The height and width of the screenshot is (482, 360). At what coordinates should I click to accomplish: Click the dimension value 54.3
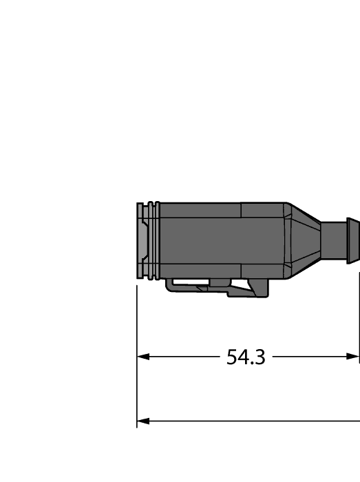pyautogui.click(x=246, y=357)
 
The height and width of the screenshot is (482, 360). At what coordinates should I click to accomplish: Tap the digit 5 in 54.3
pyautogui.click(x=233, y=357)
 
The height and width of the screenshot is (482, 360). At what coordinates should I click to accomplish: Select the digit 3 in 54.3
pyautogui.click(x=259, y=357)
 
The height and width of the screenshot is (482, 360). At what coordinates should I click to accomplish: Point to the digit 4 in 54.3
pyautogui.click(x=244, y=357)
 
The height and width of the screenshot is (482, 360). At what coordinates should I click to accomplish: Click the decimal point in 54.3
pyautogui.click(x=252, y=364)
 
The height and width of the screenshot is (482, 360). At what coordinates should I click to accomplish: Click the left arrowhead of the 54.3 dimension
pyautogui.click(x=143, y=357)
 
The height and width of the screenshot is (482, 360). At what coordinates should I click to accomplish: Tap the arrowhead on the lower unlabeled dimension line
pyautogui.click(x=143, y=421)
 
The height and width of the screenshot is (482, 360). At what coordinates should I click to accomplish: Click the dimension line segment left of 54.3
pyautogui.click(x=182, y=357)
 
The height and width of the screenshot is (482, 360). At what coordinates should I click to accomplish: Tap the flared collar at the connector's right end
pyautogui.click(x=352, y=240)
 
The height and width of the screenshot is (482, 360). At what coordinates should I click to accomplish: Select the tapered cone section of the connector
pyautogui.click(x=303, y=240)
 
